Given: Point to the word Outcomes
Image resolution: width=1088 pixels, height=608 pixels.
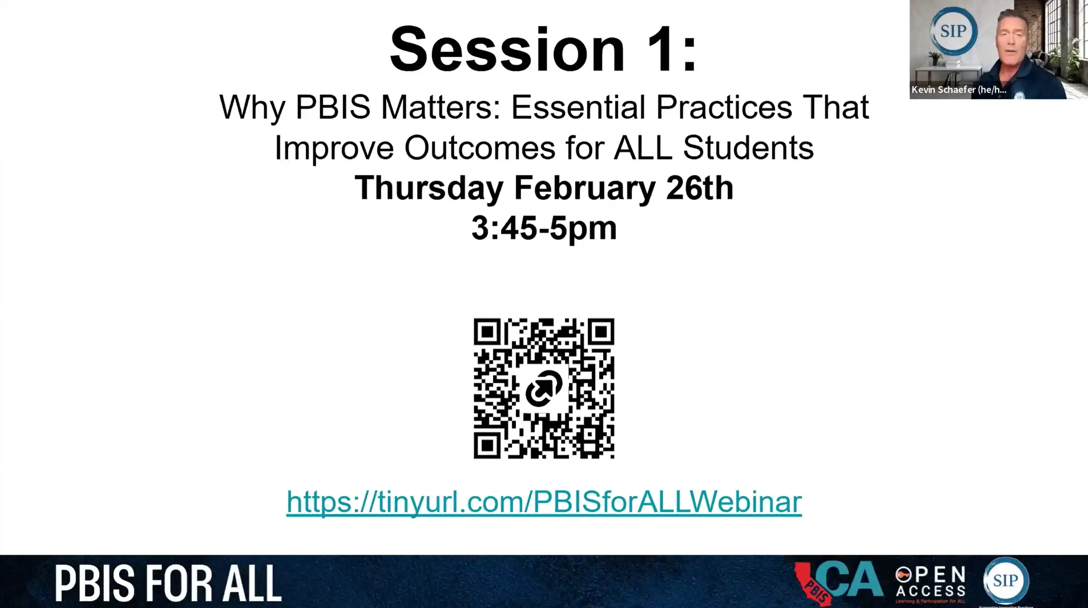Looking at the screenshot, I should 479,148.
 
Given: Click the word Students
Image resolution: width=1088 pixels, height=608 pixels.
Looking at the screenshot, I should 748,148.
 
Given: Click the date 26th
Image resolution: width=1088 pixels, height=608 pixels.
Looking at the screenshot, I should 699,189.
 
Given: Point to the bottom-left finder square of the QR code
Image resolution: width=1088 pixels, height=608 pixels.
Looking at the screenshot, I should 487,444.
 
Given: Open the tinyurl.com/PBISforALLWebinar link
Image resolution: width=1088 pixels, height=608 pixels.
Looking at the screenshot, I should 544,502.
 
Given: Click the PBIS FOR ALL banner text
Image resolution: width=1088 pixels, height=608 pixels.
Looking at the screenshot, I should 168,583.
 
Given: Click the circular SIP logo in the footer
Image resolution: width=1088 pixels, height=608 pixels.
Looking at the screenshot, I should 1006,581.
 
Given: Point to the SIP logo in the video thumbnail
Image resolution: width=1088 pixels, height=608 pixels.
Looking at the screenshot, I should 953,31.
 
